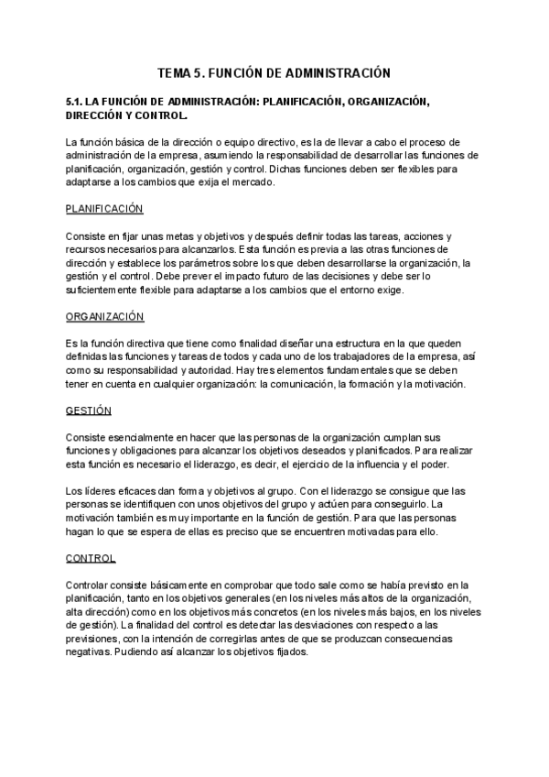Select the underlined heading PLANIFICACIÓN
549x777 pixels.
[104, 209]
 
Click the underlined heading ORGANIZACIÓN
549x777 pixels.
[105, 316]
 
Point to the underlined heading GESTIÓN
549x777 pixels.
[89, 410]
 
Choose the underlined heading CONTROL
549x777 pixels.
[91, 558]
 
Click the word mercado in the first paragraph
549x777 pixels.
[264, 181]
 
